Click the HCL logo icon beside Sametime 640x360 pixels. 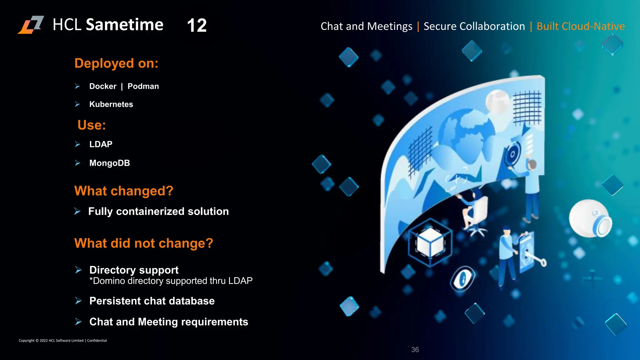(x=31, y=25)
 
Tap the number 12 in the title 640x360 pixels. (x=197, y=26)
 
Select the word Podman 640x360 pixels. (x=143, y=86)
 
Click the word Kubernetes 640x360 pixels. (x=111, y=104)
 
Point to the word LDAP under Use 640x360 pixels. (x=101, y=144)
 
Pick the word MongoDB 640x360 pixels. (x=109, y=163)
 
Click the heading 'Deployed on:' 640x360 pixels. (x=116, y=63)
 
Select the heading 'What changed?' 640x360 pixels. (x=124, y=191)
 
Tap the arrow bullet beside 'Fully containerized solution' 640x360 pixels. (x=77, y=212)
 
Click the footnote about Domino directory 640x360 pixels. (x=171, y=281)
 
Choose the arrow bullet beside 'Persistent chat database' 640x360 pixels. (x=78, y=301)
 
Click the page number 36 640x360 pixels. (x=415, y=350)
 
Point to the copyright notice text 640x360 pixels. (x=62, y=341)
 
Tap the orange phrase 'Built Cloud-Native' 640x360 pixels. (x=581, y=26)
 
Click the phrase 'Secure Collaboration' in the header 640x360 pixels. (x=474, y=26)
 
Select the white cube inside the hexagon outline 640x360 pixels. (x=430, y=242)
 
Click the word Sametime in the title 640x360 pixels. (x=124, y=25)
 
